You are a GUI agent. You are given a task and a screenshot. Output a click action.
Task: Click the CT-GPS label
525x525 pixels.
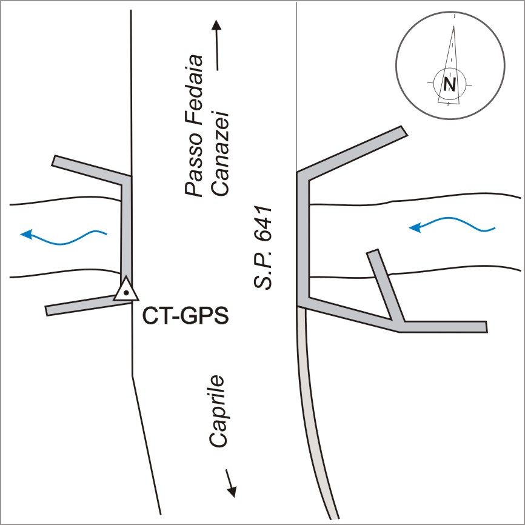(186, 316)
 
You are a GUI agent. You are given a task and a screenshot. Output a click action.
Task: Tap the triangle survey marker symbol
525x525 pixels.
(125, 290)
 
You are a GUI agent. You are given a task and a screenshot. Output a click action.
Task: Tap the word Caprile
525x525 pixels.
(218, 412)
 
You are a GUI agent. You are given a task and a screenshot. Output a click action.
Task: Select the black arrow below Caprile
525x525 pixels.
(230, 481)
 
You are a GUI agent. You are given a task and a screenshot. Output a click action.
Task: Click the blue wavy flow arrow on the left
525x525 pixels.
(63, 236)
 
